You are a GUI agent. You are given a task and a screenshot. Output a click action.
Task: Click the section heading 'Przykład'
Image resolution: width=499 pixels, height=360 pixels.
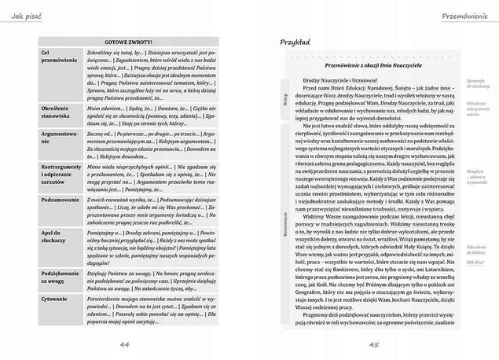(x=295, y=42)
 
